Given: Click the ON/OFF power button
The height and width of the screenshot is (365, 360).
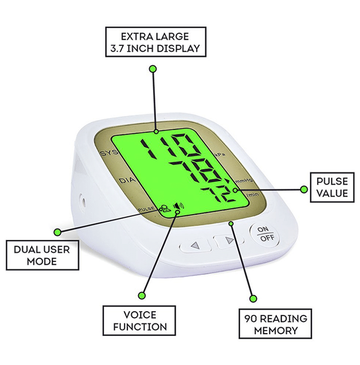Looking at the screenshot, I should pyautogui.click(x=265, y=234).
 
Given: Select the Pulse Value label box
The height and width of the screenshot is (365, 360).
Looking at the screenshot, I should pyautogui.click(x=331, y=188).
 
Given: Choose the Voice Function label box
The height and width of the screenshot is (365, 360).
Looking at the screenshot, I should pyautogui.click(x=139, y=321).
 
